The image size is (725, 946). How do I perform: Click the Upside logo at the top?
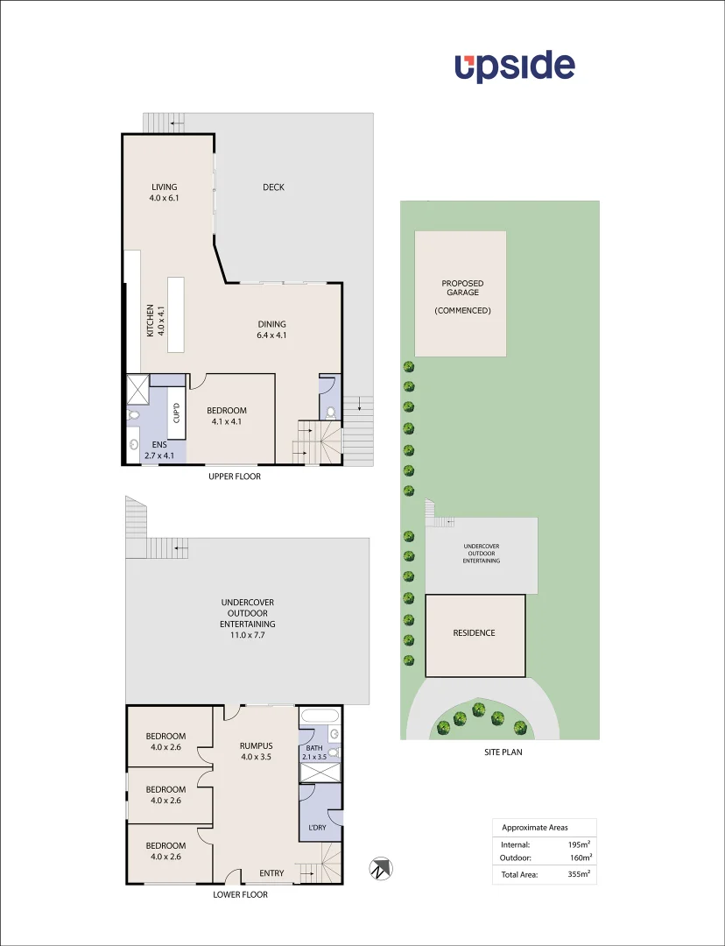(x=514, y=67)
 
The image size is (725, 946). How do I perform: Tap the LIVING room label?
(x=164, y=192)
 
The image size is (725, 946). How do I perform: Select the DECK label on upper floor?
(x=273, y=187)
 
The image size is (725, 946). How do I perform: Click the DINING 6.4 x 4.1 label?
(x=271, y=329)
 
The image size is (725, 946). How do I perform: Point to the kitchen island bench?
(x=177, y=314)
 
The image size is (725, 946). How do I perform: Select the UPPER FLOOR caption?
(x=234, y=477)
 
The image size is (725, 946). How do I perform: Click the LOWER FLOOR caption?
(x=240, y=894)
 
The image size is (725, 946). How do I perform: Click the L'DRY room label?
(x=317, y=828)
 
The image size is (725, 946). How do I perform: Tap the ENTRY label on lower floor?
(x=271, y=873)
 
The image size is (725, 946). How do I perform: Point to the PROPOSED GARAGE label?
(x=461, y=289)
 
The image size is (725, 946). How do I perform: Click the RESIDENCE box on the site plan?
(x=475, y=633)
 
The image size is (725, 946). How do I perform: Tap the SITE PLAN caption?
(x=503, y=752)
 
